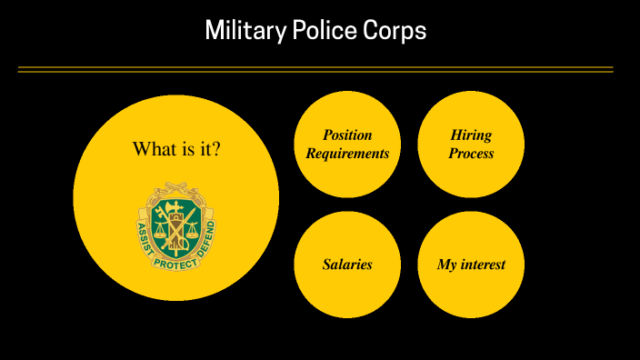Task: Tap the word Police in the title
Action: [x=310, y=31]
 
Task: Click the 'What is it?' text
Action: [x=176, y=148]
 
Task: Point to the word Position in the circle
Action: [x=347, y=135]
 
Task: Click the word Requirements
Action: [x=347, y=154]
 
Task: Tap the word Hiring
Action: [x=471, y=135]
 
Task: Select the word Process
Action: [x=471, y=154]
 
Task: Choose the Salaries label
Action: [x=347, y=265]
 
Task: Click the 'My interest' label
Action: [x=471, y=265]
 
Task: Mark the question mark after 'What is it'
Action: [x=215, y=148]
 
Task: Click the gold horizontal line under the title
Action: [x=315, y=69]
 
